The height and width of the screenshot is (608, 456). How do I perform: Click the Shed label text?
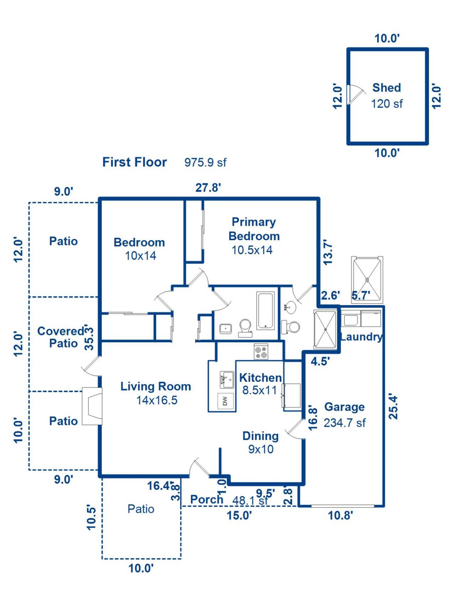[387, 88]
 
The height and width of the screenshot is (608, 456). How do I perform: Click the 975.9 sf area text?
[205, 162]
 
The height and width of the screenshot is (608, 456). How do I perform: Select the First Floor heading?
[134, 162]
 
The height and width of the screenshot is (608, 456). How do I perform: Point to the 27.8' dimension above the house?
[208, 187]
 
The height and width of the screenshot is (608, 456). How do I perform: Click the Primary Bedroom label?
[254, 229]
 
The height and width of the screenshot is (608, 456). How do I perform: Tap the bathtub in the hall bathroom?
[265, 311]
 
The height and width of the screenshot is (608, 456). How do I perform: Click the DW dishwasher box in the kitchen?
[225, 401]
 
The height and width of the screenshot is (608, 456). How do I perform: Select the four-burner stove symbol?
[261, 352]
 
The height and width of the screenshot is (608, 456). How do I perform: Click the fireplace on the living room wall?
[93, 406]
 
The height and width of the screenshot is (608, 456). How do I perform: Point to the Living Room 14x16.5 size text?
[157, 400]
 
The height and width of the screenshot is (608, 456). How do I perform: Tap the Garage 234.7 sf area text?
[344, 423]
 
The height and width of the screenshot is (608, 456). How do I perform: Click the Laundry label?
[361, 337]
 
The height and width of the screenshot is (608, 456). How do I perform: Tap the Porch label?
[207, 499]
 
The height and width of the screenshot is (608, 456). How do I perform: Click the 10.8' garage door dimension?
[340, 515]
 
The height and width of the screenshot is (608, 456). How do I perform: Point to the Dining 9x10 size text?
[261, 449]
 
